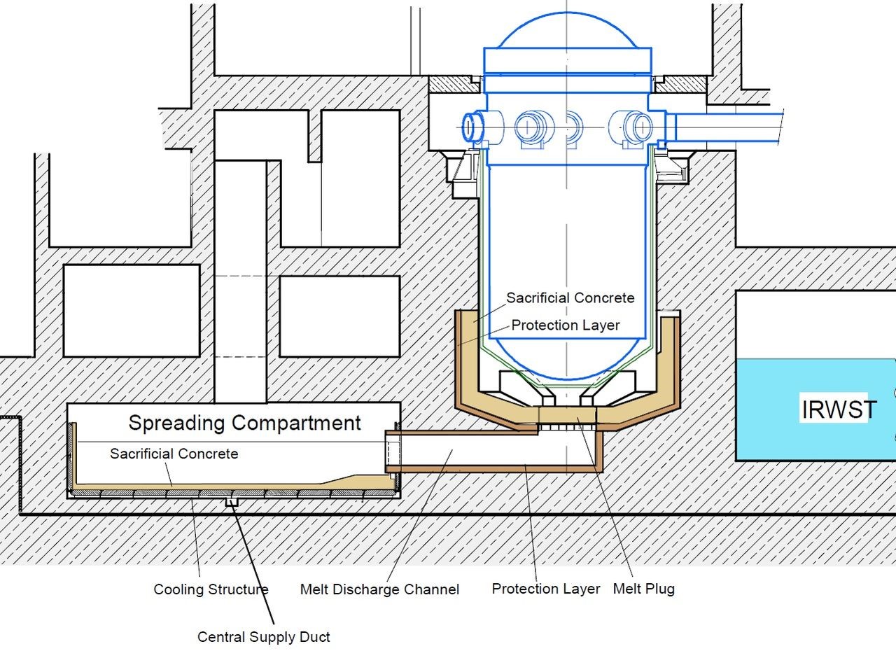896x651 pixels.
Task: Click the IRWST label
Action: tap(838, 409)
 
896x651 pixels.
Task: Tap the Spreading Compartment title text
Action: tap(244, 423)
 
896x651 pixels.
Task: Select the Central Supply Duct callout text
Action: tap(263, 637)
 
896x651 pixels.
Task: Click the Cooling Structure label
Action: tap(211, 589)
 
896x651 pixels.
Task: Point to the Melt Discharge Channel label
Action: tap(379, 589)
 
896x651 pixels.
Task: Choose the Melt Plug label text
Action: tap(643, 589)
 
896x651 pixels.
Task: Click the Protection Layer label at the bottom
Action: tap(546, 589)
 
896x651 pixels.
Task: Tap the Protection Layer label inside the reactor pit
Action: tap(565, 325)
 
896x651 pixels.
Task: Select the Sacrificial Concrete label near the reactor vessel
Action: tap(570, 297)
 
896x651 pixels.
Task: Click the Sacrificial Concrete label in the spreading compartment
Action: tap(174, 454)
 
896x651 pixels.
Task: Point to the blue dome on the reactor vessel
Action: tap(567, 31)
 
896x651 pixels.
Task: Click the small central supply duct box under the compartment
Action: tap(232, 502)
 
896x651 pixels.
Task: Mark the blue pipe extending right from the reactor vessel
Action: tap(728, 129)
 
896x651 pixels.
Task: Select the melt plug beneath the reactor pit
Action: tap(567, 419)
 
